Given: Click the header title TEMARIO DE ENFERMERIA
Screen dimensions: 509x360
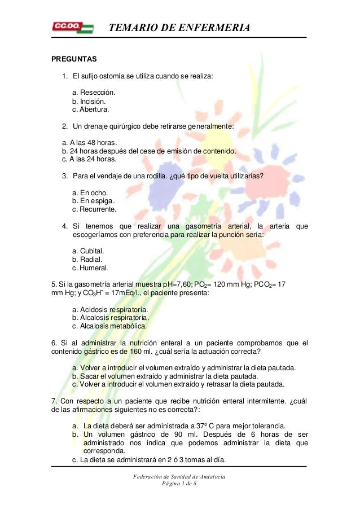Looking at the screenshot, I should click(x=179, y=28).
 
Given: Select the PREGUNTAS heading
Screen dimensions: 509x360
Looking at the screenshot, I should click(x=74, y=59).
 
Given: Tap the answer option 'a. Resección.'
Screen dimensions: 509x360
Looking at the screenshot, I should click(x=94, y=92).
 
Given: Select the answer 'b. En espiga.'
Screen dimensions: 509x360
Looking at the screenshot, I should click(x=94, y=201).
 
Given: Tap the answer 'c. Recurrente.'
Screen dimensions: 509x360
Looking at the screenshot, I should click(x=95, y=209).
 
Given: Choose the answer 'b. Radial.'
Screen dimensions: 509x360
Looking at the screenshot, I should click(x=87, y=260).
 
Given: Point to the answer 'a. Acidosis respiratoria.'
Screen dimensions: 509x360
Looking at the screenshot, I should click(x=111, y=310).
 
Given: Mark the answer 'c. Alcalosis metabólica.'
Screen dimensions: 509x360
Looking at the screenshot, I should click(x=109, y=326).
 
